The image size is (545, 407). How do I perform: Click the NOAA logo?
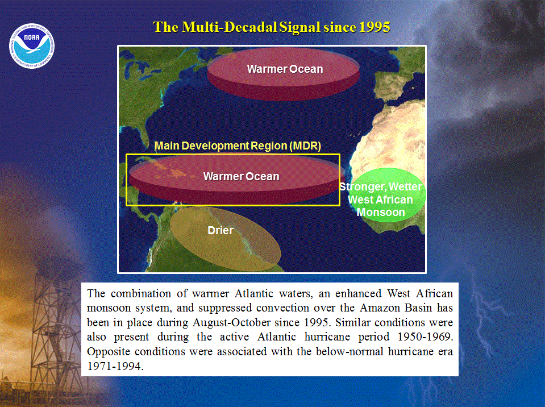(x=32, y=46)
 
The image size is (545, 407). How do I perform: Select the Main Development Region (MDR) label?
(x=238, y=146)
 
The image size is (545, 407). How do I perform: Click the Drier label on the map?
(x=221, y=230)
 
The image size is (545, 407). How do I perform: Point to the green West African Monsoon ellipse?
(x=388, y=194)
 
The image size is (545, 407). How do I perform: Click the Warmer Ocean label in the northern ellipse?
(x=285, y=69)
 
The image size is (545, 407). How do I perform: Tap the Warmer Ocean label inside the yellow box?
(x=241, y=176)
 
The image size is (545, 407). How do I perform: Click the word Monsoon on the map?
(x=381, y=212)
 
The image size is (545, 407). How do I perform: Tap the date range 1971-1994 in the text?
(x=115, y=366)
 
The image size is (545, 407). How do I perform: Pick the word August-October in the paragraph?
(x=231, y=322)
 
